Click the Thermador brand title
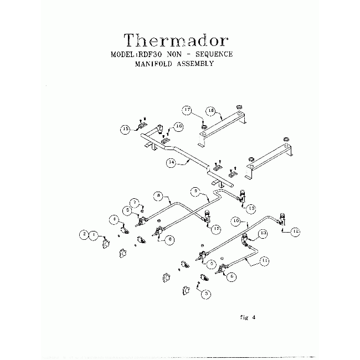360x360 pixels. point(176,40)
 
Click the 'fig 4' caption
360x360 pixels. point(245,317)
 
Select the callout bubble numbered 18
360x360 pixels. point(210,110)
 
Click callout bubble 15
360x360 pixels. point(126,130)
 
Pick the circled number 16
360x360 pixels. point(178,126)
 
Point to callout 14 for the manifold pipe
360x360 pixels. point(172,163)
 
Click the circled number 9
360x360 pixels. point(195,191)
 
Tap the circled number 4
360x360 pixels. point(113,220)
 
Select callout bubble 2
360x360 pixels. point(85,235)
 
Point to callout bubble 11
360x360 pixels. point(265,260)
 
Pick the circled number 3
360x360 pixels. point(206,295)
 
